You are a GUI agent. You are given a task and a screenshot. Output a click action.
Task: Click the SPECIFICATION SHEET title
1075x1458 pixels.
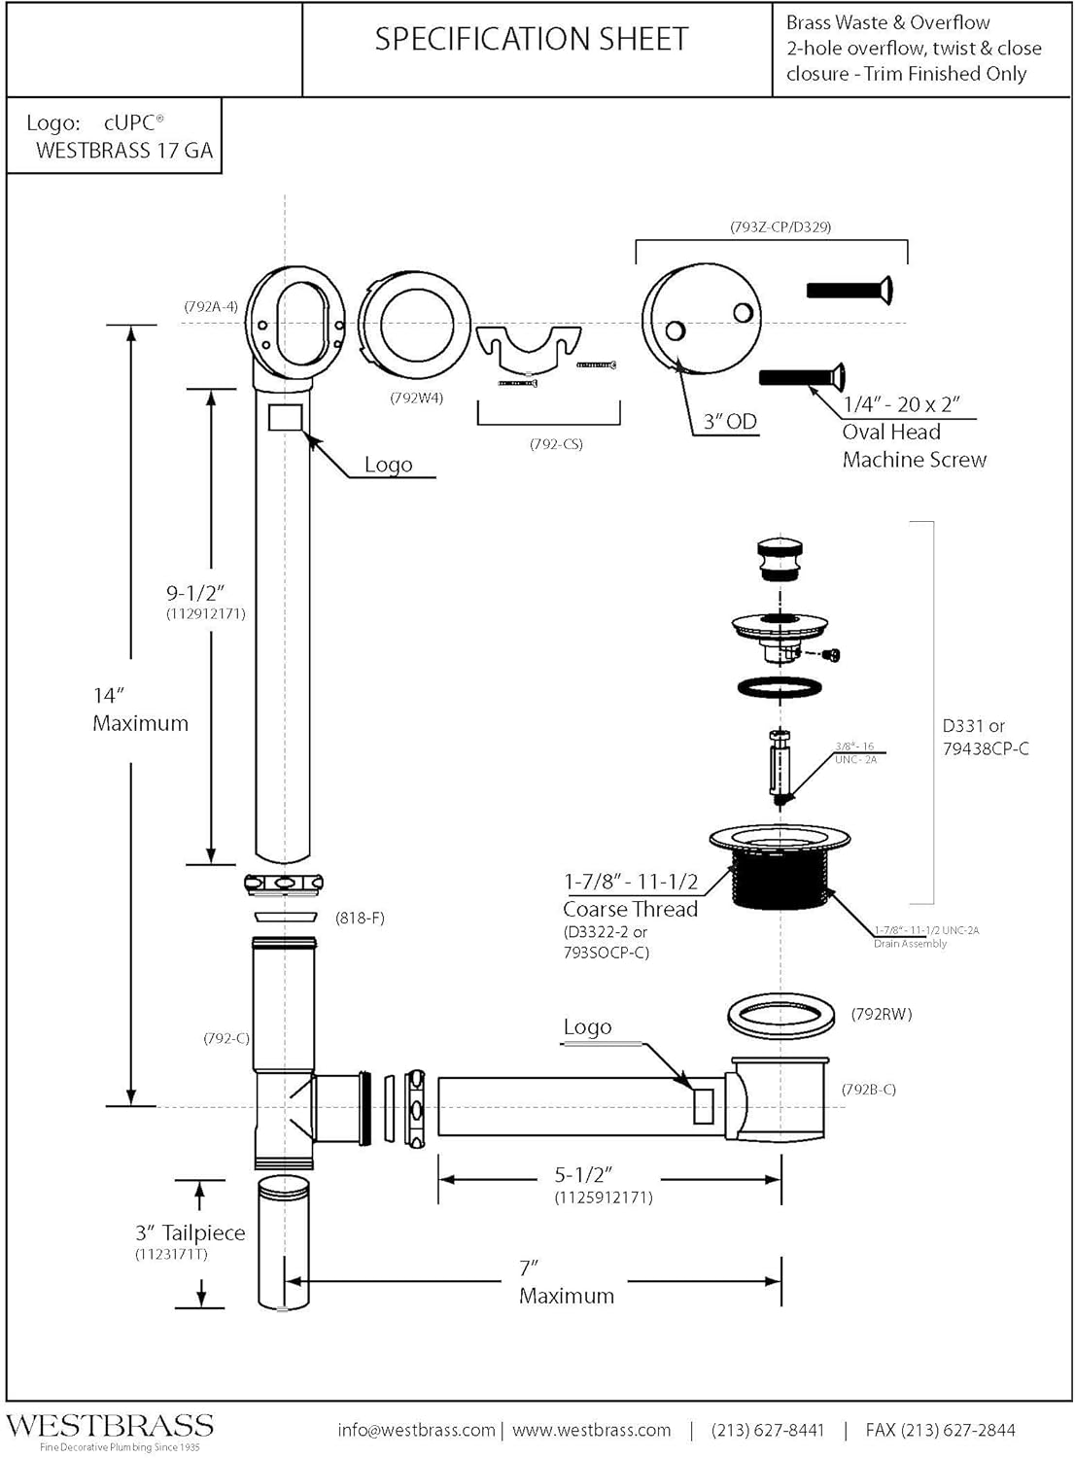pyautogui.click(x=532, y=39)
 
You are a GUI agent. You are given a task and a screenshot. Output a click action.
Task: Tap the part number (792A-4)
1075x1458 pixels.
pyautogui.click(x=211, y=306)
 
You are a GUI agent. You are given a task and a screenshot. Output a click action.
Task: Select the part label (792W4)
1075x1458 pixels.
pyautogui.click(x=416, y=397)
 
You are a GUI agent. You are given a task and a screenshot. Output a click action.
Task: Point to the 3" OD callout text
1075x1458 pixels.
pyautogui.click(x=730, y=422)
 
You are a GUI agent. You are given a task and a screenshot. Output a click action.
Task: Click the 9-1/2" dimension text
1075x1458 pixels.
pyautogui.click(x=195, y=593)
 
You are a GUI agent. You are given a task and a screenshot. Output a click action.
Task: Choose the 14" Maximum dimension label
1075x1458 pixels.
pyautogui.click(x=140, y=710)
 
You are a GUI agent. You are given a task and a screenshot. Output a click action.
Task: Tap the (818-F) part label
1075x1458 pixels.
pyautogui.click(x=360, y=918)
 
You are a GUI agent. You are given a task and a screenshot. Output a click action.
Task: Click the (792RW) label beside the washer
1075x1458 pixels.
pyautogui.click(x=882, y=1014)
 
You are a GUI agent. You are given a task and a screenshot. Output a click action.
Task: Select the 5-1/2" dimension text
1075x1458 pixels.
pyautogui.click(x=583, y=1175)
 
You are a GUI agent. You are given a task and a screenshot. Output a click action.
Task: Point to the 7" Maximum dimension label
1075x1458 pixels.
pyautogui.click(x=566, y=1282)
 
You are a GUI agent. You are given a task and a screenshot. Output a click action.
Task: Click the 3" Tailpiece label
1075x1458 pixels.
pyautogui.click(x=190, y=1232)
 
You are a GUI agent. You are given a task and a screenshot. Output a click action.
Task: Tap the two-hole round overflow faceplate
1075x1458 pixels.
pyautogui.click(x=701, y=318)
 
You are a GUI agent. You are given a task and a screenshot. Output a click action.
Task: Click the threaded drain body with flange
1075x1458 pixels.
pyautogui.click(x=780, y=868)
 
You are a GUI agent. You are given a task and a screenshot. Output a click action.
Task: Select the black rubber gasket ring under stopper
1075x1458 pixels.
pyautogui.click(x=780, y=687)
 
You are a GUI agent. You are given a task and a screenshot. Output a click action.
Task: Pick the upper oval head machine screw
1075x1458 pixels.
pyautogui.click(x=850, y=290)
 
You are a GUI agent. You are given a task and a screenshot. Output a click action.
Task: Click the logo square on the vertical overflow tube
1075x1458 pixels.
pyautogui.click(x=285, y=418)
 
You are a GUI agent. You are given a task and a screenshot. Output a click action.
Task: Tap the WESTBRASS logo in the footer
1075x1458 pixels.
pyautogui.click(x=110, y=1426)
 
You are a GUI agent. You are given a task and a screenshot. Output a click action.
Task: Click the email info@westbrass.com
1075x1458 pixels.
pyautogui.click(x=416, y=1430)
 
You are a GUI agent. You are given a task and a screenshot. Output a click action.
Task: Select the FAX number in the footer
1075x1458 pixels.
pyautogui.click(x=940, y=1430)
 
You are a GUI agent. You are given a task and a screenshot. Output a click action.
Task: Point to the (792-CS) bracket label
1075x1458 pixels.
pyautogui.click(x=556, y=444)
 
